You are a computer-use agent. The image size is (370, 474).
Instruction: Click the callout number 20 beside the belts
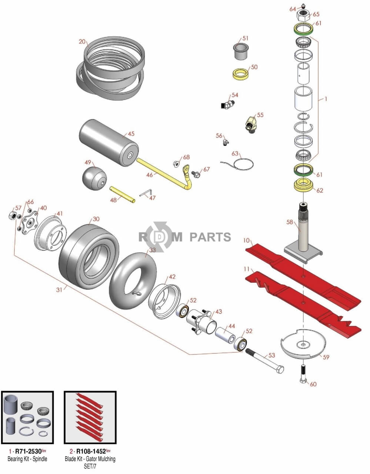pos(82,41)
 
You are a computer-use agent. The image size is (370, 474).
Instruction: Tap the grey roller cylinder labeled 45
pos(109,139)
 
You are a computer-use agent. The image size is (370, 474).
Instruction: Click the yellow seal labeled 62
pos(304,184)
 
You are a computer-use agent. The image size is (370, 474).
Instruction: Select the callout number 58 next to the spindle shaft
pos(290,222)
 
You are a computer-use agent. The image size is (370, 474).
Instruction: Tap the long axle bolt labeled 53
pos(265,361)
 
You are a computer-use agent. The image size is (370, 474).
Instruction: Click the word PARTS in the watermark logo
pos(210,237)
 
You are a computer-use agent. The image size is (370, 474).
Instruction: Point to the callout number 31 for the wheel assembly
pos(59,290)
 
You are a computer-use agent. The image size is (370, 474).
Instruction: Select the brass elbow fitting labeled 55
pos(251,123)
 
